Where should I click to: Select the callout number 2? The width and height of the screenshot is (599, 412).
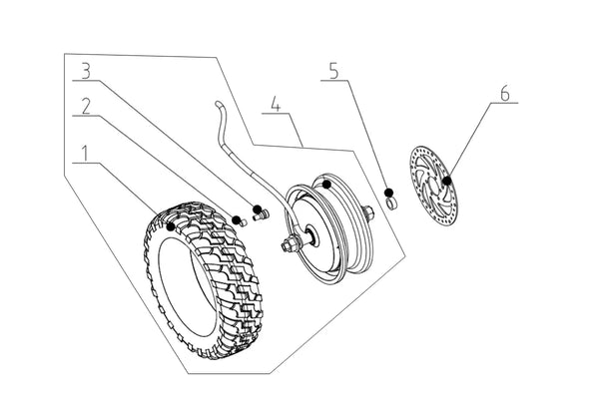click(x=87, y=103)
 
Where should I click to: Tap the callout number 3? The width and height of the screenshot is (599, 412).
click(x=87, y=72)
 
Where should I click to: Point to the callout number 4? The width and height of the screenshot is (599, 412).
click(x=277, y=101)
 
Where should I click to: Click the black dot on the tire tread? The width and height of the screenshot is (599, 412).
click(x=171, y=227)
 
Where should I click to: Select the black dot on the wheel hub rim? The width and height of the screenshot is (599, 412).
click(x=325, y=184)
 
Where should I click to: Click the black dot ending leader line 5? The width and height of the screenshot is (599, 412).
click(x=388, y=192)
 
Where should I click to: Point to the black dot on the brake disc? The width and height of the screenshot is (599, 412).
click(x=446, y=181)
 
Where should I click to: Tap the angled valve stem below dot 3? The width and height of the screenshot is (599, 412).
click(x=264, y=213)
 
